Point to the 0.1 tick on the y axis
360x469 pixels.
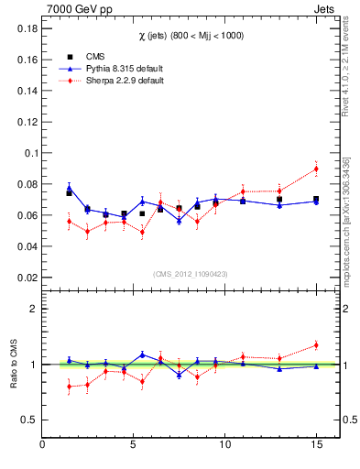(x=30, y=153)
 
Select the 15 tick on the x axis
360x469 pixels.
(x=315, y=445)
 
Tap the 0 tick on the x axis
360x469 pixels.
(x=43, y=445)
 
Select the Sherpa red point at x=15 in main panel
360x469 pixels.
(x=316, y=169)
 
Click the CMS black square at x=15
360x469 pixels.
(x=316, y=199)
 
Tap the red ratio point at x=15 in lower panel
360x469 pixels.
(x=316, y=345)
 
